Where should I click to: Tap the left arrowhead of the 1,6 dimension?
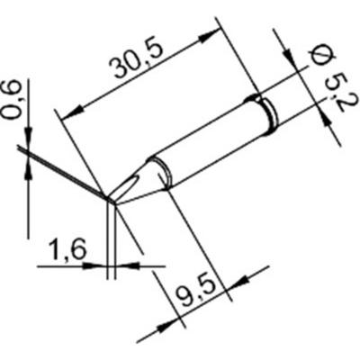tap(100, 265)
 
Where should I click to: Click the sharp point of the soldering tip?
tap(110, 199)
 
